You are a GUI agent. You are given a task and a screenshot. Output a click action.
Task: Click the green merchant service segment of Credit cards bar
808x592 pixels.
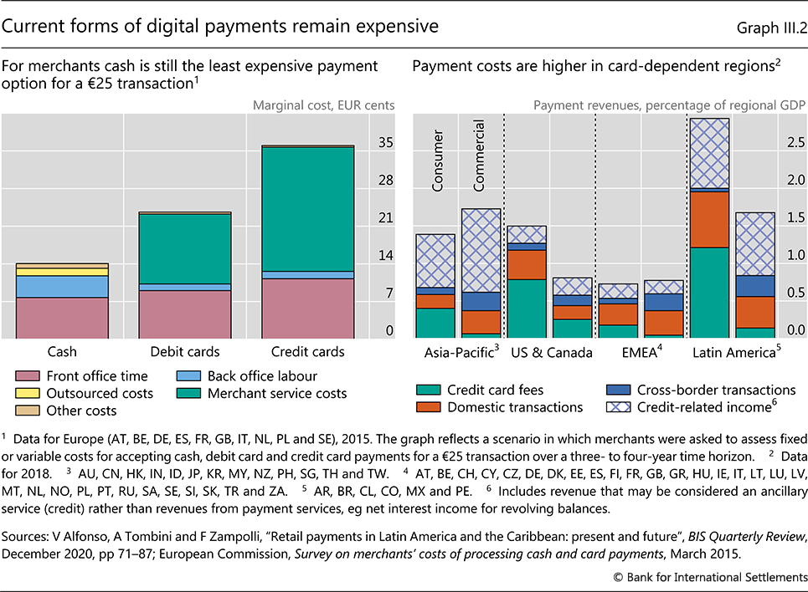(x=308, y=209)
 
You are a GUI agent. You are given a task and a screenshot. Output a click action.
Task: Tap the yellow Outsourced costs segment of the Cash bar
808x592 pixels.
(x=63, y=272)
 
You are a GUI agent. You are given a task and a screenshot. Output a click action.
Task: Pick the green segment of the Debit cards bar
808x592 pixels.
(x=185, y=249)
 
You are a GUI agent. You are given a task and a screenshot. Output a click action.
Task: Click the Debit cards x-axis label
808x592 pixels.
(x=185, y=352)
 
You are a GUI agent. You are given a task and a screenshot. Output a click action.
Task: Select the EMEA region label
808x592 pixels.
(x=641, y=353)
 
